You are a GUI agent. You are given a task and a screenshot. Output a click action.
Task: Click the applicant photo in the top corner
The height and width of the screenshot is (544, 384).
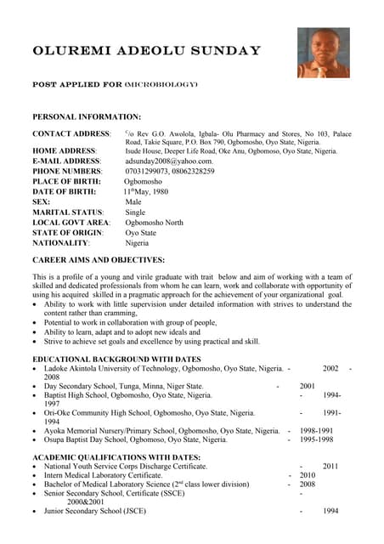[323, 53]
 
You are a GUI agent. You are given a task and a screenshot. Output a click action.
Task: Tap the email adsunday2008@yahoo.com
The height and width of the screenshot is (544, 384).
[169, 161]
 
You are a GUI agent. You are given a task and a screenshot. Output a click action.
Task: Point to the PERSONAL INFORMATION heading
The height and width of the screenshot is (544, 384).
[86, 116]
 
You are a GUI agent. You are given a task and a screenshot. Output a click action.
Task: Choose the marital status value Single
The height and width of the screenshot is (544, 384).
[136, 212]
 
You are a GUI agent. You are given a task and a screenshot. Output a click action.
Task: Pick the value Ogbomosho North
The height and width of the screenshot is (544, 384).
[154, 222]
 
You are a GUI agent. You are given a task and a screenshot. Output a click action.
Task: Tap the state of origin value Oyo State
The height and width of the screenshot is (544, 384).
[141, 232]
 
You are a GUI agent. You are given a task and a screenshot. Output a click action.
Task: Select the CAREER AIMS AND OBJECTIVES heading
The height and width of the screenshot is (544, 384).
[98, 259]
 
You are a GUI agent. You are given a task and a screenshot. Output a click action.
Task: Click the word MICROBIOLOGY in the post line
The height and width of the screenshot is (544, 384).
[161, 85]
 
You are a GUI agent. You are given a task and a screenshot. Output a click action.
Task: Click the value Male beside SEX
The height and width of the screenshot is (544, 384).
[133, 201]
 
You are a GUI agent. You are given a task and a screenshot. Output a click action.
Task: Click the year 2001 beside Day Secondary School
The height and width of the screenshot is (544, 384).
[308, 386]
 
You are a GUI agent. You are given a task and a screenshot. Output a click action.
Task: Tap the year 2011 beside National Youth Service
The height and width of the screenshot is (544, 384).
[330, 466]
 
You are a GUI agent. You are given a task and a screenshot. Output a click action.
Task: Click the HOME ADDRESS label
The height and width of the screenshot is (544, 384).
[65, 150]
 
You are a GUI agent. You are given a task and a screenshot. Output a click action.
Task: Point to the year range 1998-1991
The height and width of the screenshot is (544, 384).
[316, 430]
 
